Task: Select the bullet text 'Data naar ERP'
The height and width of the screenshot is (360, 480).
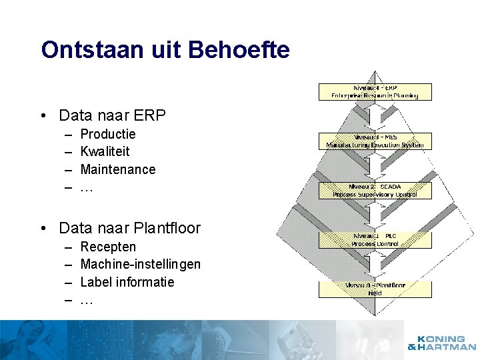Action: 112,115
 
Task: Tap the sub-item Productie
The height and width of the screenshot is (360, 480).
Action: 107,134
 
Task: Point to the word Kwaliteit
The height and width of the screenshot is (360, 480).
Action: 105,151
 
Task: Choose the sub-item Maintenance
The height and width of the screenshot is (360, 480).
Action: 117,169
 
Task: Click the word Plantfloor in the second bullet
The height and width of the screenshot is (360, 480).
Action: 167,228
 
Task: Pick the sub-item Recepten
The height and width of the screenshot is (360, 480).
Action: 107,247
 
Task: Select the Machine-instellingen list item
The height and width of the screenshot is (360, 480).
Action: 140,264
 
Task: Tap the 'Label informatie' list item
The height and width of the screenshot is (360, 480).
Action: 127,282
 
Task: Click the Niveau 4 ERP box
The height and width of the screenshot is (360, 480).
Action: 375,91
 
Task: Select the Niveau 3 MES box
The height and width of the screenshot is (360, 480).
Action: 375,141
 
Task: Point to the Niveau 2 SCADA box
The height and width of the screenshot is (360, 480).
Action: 375,191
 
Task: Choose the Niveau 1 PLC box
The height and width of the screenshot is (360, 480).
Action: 375,240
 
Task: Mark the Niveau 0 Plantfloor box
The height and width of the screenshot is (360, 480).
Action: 375,289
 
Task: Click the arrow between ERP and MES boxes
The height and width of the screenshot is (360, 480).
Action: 375,116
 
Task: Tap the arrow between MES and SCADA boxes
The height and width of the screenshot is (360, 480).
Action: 375,165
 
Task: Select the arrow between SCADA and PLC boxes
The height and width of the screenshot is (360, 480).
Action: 375,215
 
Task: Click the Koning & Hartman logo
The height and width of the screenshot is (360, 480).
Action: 442,343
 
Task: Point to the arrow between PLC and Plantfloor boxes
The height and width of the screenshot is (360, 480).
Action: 375,265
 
